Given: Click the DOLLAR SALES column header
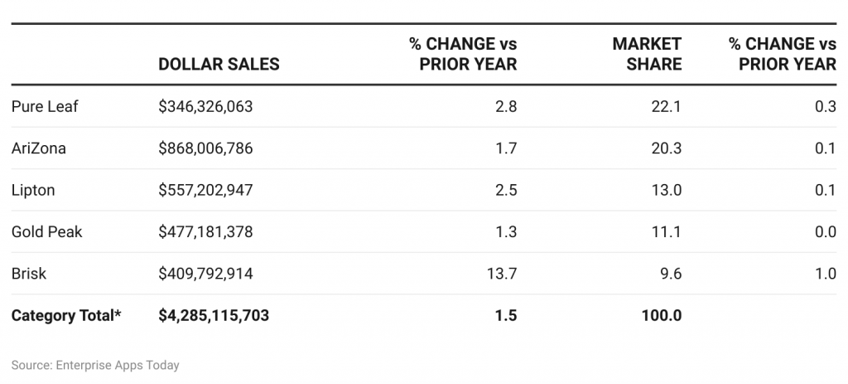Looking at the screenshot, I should [x=219, y=64].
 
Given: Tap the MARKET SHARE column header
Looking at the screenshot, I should [x=647, y=53].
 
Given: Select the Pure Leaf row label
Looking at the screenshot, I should [x=45, y=106].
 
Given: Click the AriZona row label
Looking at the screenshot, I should [x=39, y=148].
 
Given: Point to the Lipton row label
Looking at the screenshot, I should [x=33, y=190].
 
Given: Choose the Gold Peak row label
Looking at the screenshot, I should [x=47, y=231].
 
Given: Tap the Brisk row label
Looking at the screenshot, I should [x=28, y=274].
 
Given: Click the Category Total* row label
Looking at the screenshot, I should [x=66, y=315].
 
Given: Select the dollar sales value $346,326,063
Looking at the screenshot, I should [x=205, y=106].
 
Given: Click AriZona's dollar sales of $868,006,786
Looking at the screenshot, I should [x=205, y=148].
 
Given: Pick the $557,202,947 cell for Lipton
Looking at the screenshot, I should [x=205, y=190].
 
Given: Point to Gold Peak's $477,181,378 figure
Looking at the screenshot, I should [x=205, y=231].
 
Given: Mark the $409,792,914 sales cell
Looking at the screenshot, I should [x=205, y=274].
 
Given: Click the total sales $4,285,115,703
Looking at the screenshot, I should [x=214, y=315].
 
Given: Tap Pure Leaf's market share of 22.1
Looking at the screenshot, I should [x=667, y=106].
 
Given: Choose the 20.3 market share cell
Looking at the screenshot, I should [x=667, y=148].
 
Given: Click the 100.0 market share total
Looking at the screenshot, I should [x=662, y=315].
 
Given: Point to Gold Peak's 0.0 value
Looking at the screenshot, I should [x=825, y=231].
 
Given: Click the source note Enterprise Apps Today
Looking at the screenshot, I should [x=95, y=365].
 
